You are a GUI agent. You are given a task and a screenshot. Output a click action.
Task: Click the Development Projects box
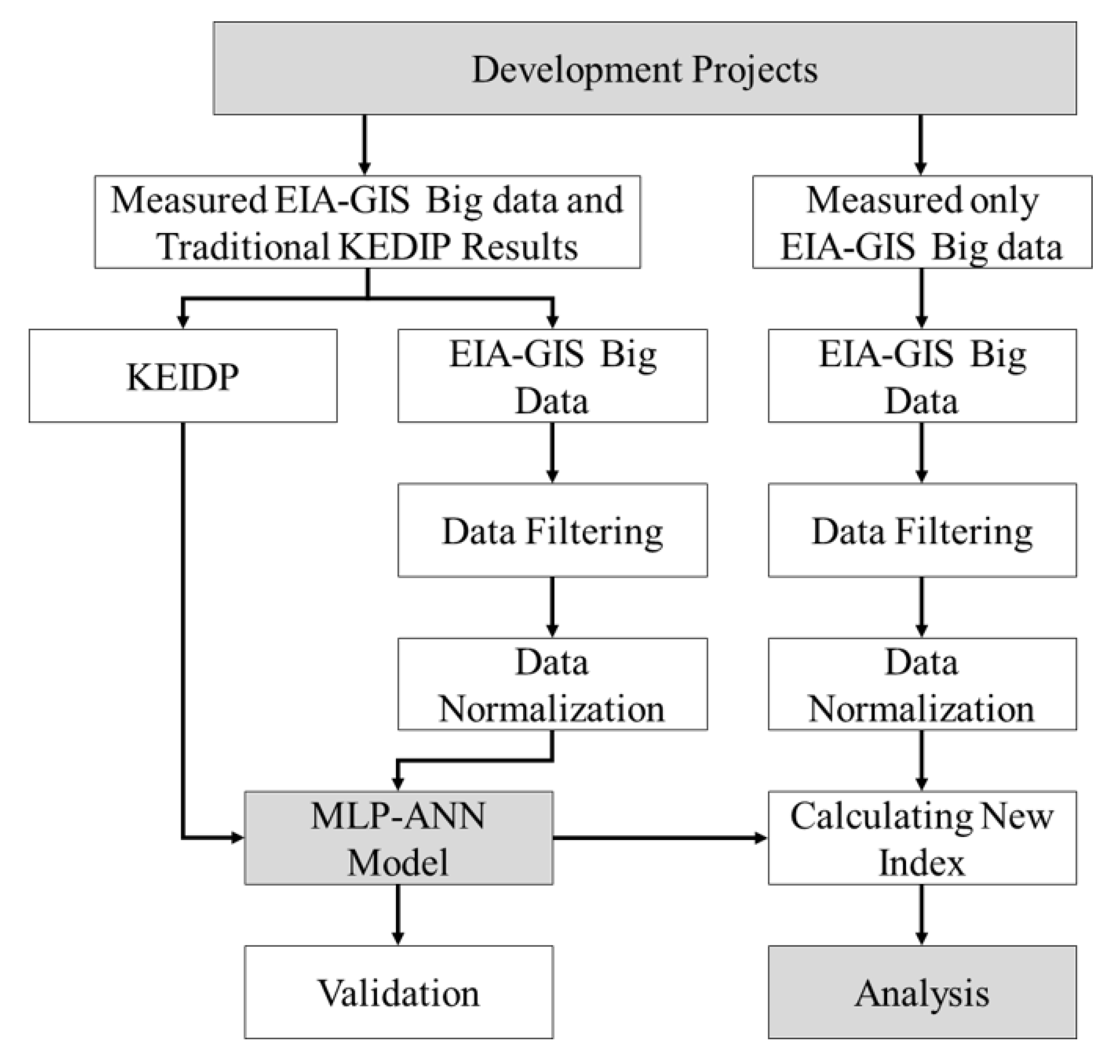(644, 68)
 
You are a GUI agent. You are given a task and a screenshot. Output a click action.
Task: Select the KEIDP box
(183, 375)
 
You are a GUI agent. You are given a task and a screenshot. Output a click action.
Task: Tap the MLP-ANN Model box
(398, 838)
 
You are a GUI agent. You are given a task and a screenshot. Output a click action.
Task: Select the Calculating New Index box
(922, 838)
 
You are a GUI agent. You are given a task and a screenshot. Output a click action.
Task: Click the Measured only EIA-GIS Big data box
(922, 222)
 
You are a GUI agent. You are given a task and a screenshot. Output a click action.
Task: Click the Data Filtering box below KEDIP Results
(552, 530)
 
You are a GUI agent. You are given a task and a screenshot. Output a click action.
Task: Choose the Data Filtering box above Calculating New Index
(922, 530)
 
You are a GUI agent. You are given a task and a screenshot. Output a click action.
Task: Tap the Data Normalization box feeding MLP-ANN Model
(552, 684)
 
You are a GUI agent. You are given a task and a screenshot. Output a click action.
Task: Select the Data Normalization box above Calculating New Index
(922, 684)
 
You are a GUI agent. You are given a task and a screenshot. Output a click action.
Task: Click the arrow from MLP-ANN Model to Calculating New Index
(659, 838)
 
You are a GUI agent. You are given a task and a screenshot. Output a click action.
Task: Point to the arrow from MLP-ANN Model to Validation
(398, 913)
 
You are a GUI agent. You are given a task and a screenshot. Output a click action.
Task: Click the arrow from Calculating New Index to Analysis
(922, 913)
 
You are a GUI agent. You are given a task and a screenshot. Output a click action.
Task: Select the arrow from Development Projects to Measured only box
(920, 144)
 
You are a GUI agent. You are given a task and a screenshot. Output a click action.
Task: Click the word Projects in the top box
(755, 70)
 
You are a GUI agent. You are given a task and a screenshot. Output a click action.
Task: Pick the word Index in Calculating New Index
(922, 863)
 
